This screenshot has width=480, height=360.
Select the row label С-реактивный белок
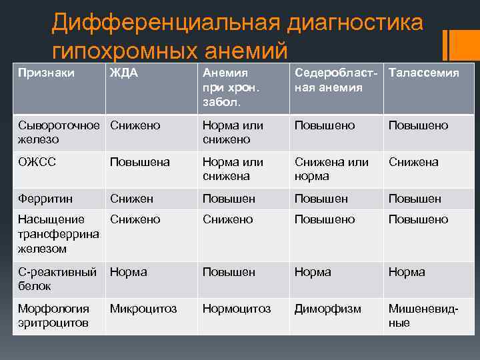(x=57, y=279)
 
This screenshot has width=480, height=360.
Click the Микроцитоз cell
(x=143, y=309)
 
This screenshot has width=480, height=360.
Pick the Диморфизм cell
(x=327, y=309)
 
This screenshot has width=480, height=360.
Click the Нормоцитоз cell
(x=237, y=309)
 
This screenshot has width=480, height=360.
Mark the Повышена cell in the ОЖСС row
(x=140, y=162)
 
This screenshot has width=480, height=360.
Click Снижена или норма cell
(x=331, y=169)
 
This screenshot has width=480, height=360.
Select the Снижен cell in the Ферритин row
(x=132, y=199)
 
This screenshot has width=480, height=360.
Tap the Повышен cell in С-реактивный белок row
(x=229, y=272)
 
